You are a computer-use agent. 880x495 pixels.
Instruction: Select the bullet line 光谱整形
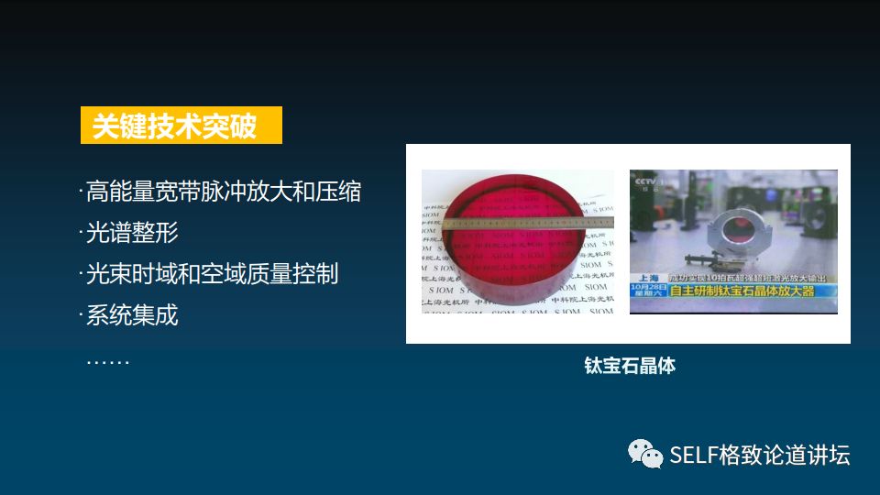pyautogui.click(x=132, y=233)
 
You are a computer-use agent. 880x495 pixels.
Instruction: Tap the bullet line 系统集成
pyautogui.click(x=132, y=315)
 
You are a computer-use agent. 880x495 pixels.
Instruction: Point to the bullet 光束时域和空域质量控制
pyautogui.click(x=212, y=274)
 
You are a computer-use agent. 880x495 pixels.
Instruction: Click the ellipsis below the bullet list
pyautogui.click(x=108, y=359)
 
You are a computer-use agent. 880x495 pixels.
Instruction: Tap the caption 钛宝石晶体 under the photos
pyautogui.click(x=630, y=366)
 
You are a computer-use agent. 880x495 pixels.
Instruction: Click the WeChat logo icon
pyautogui.click(x=644, y=453)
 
